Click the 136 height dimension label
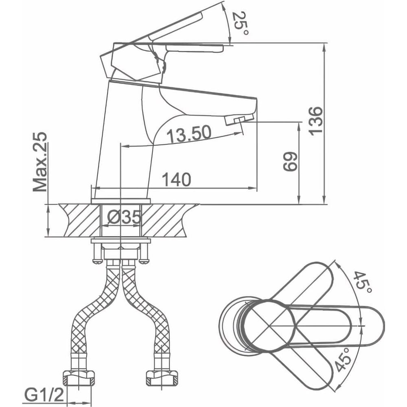point(316,120)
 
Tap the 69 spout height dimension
point(290,162)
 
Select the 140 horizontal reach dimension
point(177,179)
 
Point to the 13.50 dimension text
point(189,134)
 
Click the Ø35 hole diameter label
point(124,217)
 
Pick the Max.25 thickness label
point(40,162)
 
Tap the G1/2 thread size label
point(44,395)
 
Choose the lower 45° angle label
point(344,359)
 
